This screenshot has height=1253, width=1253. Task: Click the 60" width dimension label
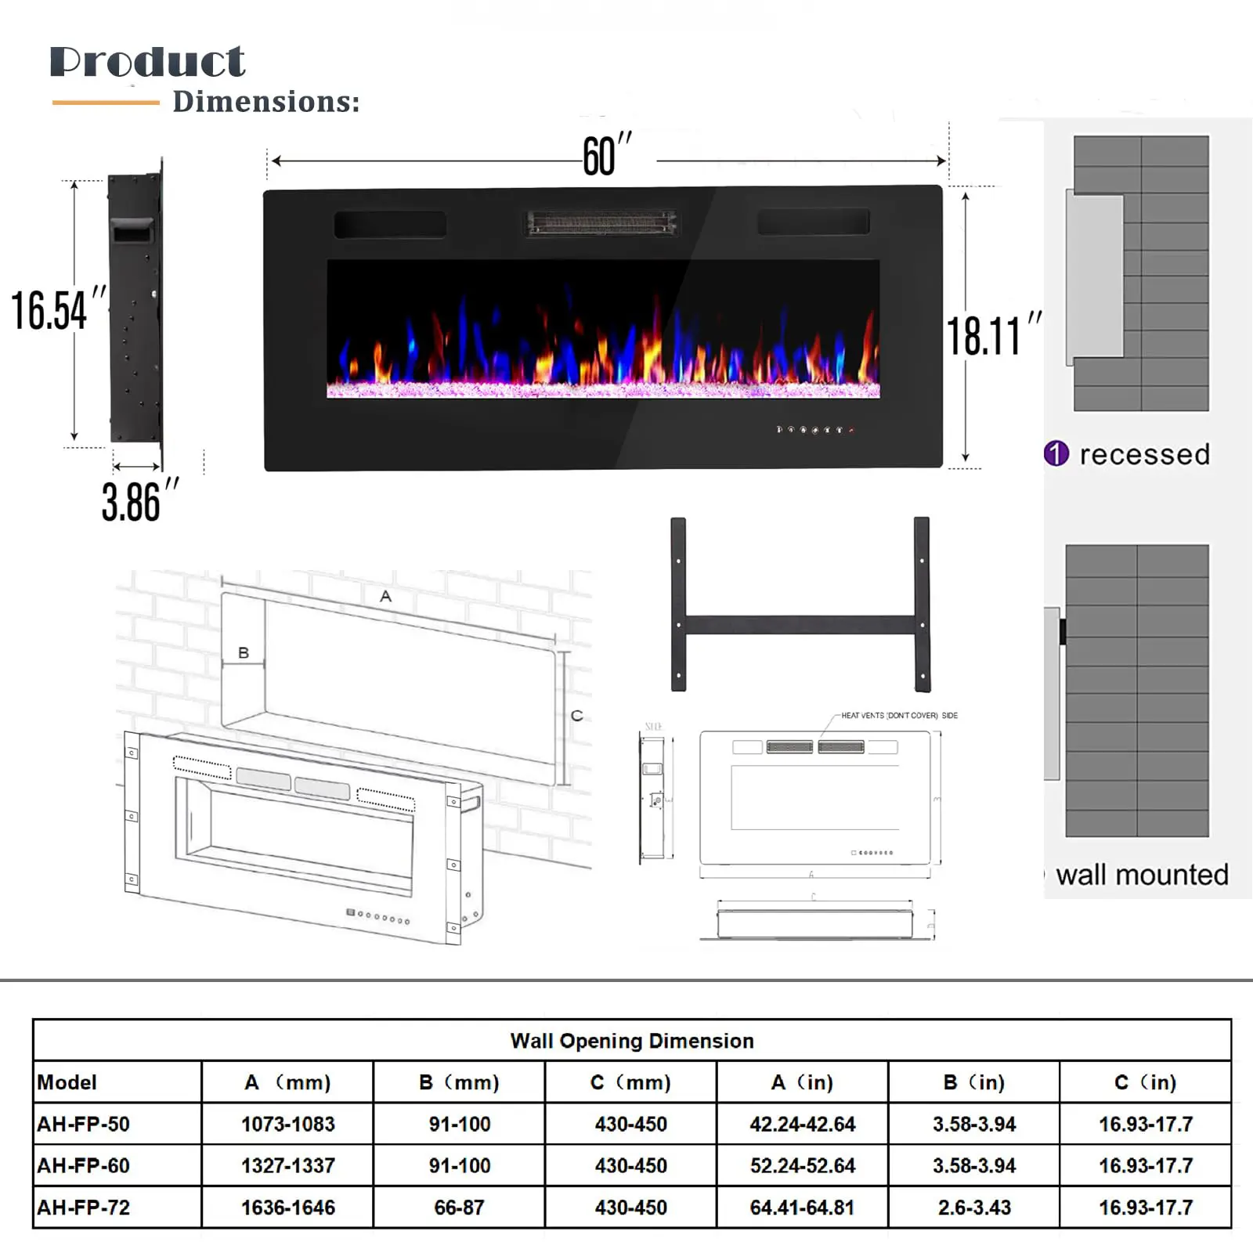pos(605,156)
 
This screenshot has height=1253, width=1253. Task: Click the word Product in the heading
pos(147,62)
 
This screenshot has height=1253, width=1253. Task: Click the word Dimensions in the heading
pos(265,102)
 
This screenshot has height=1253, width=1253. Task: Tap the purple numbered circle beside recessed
pos(1056,453)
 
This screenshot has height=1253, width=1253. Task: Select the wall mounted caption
pos(1141,874)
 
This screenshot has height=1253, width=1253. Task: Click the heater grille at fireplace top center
pos(601,222)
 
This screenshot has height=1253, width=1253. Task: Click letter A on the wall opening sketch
pos(385,597)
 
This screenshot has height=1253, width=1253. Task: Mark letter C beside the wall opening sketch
pos(577,715)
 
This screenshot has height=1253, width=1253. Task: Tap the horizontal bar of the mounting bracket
pos(800,625)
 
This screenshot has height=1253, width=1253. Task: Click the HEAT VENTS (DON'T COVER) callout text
pos(898,715)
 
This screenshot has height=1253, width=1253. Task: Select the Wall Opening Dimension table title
pos(631,1041)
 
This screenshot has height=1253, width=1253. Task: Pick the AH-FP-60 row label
pos(83,1165)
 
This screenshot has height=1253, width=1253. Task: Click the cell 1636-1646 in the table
pos(287,1208)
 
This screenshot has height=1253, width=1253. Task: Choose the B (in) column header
pos(973,1082)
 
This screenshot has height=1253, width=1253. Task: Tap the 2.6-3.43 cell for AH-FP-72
pos(973,1208)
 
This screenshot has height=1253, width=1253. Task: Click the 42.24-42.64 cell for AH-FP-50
pos(802,1125)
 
